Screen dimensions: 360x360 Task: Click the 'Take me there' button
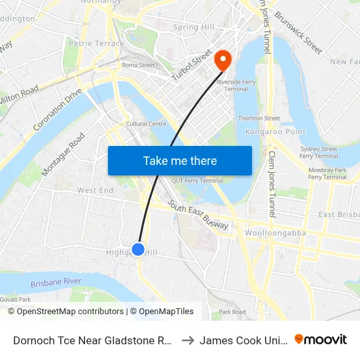pos(180,160)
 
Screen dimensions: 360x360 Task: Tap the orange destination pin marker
pos(223,60)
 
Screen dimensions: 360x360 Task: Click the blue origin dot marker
pos(138,249)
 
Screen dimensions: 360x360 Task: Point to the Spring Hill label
pos(194,27)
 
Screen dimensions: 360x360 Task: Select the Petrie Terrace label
pos(96,44)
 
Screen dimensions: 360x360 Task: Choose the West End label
pos(96,190)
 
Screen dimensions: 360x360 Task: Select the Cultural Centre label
pos(146,124)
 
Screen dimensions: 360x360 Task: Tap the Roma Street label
pos(138,65)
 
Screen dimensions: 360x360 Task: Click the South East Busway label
pos(198,215)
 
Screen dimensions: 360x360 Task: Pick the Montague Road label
pos(63,154)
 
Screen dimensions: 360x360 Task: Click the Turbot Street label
pos(192,65)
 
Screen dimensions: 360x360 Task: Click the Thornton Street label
pos(259,118)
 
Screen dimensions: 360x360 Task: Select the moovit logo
pos(321,339)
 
